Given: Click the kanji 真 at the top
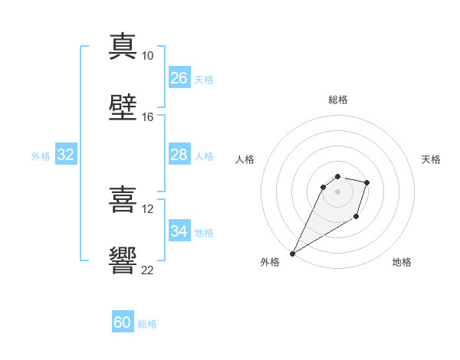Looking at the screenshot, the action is [x=123, y=47].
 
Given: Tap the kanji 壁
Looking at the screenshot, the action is [x=123, y=107].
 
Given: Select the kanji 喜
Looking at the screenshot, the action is [x=123, y=199].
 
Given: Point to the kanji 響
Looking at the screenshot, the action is [x=123, y=260].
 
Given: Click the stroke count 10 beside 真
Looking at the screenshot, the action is [x=147, y=56].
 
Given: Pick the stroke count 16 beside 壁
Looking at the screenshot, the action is [x=147, y=117].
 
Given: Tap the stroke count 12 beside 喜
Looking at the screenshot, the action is [x=147, y=209].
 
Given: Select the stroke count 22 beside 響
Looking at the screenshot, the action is [x=147, y=270].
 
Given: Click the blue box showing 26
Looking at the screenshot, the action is [x=179, y=77].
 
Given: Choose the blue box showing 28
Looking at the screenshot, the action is [x=179, y=154].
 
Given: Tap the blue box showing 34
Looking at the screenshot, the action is [x=179, y=230].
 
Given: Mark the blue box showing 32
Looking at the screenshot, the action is [x=66, y=154].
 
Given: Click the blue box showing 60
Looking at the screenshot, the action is [x=123, y=321].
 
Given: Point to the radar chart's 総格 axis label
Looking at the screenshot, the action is [x=338, y=100].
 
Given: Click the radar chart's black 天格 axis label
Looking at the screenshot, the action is [x=431, y=159].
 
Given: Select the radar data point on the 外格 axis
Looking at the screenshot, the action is [x=292, y=254].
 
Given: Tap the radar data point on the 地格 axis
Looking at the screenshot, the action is [x=356, y=216].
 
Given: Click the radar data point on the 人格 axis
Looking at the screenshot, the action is [x=323, y=187].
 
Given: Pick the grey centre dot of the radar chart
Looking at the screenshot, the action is [x=337, y=191].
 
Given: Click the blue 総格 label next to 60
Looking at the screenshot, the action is [x=147, y=324].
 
